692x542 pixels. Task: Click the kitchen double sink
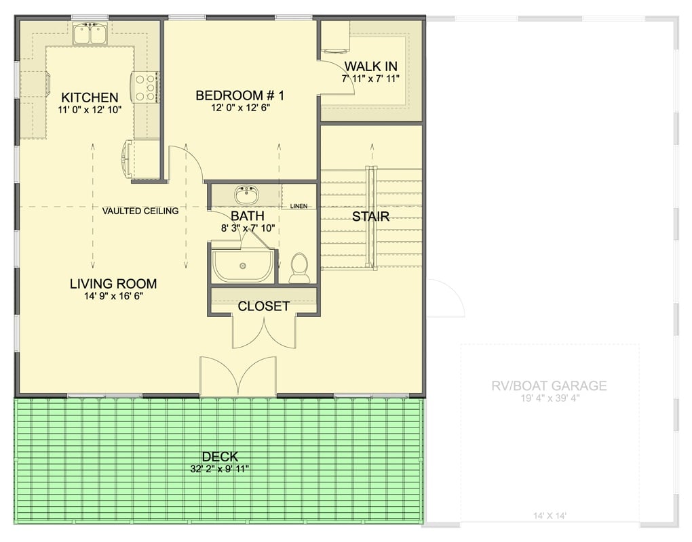90,35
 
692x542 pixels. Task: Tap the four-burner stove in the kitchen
145,87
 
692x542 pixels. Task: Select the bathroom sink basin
246,196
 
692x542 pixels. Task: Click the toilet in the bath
299,268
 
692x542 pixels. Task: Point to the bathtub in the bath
244,266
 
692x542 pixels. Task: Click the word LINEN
299,206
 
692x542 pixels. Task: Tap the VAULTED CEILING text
140,211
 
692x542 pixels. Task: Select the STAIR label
370,217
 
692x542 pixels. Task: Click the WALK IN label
370,66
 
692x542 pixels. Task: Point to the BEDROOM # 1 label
239,96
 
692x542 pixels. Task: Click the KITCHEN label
90,98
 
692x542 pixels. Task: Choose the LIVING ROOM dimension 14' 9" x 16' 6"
113,296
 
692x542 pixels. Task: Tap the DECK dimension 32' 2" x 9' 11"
220,469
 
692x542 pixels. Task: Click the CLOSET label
263,306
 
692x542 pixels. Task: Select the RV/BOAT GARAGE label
549,386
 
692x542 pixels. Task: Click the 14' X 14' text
550,516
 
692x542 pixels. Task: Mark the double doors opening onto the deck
237,377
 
